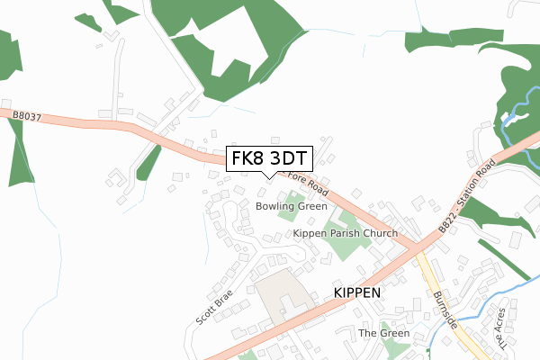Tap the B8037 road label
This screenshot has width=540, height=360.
click(28, 114)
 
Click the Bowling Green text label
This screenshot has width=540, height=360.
click(291, 206)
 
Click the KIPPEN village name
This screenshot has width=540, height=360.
click(359, 293)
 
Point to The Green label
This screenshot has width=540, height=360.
click(384, 333)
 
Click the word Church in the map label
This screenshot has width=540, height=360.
click(377, 233)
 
